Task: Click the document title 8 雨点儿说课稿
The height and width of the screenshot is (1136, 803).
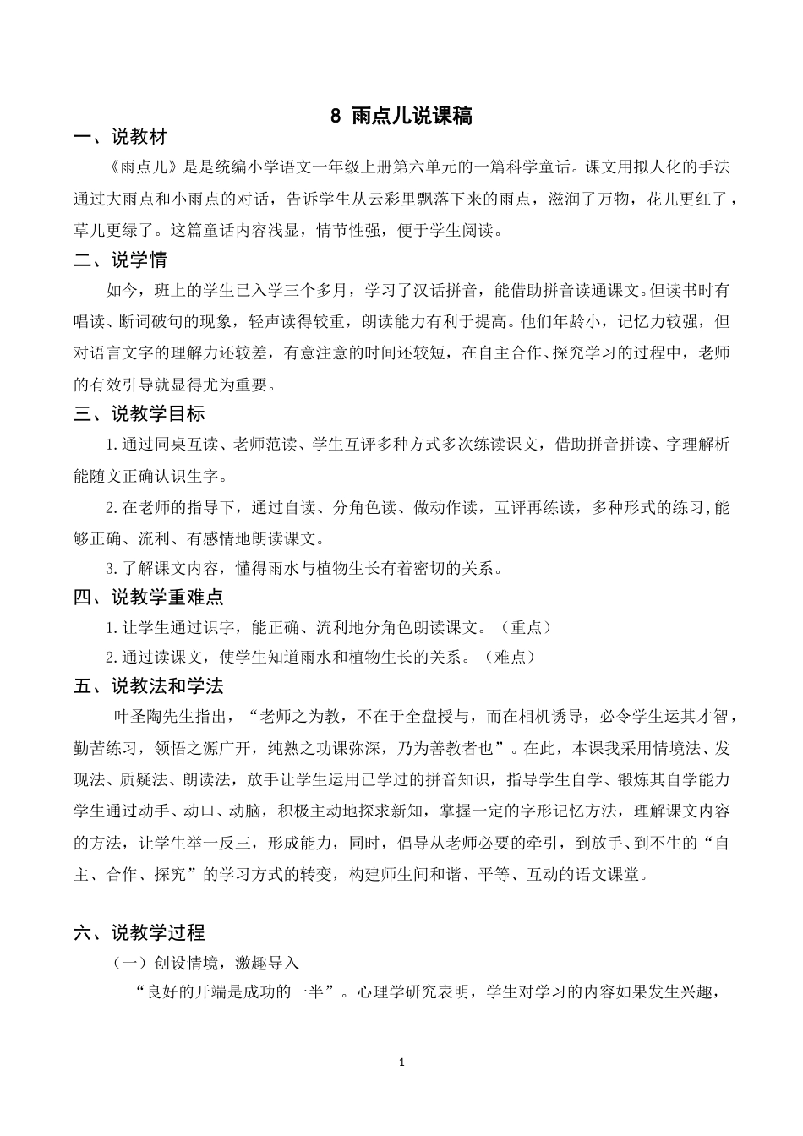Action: tap(401, 116)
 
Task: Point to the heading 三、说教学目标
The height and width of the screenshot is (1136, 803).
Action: tap(139, 414)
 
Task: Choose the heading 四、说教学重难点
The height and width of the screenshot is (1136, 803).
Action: tap(148, 598)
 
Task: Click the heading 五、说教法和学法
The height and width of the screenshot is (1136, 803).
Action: tap(148, 686)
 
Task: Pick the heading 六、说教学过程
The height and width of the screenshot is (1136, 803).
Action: tap(139, 933)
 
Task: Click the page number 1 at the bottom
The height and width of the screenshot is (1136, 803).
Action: tap(401, 1062)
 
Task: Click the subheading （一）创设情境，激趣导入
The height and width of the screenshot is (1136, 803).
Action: tap(207, 964)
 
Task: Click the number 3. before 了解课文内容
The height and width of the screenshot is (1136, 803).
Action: tap(110, 569)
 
